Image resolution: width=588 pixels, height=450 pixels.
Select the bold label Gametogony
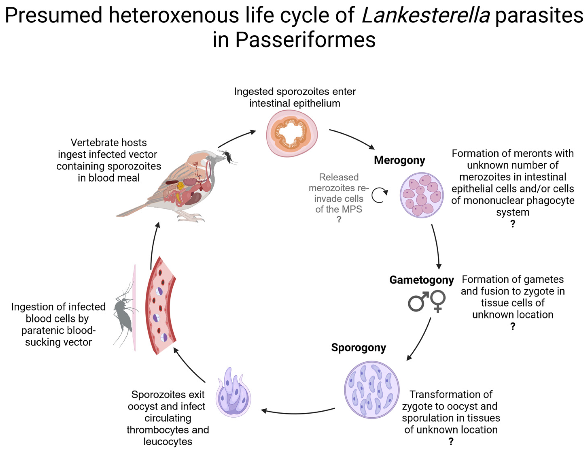(x=421, y=280)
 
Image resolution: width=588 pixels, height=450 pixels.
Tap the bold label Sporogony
(x=358, y=347)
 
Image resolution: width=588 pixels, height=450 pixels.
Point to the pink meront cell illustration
(x=421, y=195)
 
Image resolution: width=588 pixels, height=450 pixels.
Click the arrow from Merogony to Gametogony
(x=436, y=246)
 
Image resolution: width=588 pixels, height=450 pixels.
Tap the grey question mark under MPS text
(x=339, y=220)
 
